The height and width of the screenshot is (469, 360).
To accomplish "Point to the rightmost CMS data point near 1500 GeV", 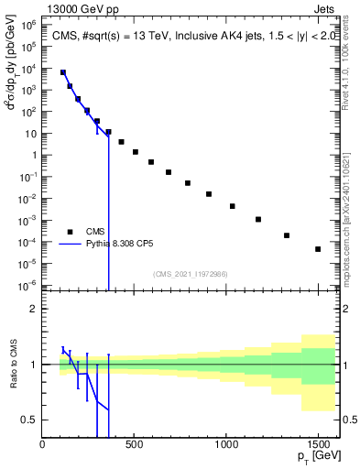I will tap(318, 249).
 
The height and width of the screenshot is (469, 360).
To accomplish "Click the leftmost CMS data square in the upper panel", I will tap(63, 72).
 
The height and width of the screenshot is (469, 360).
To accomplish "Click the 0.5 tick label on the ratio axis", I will tap(30, 420).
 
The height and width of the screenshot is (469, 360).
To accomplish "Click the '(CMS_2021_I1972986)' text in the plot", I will tap(190, 274).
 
